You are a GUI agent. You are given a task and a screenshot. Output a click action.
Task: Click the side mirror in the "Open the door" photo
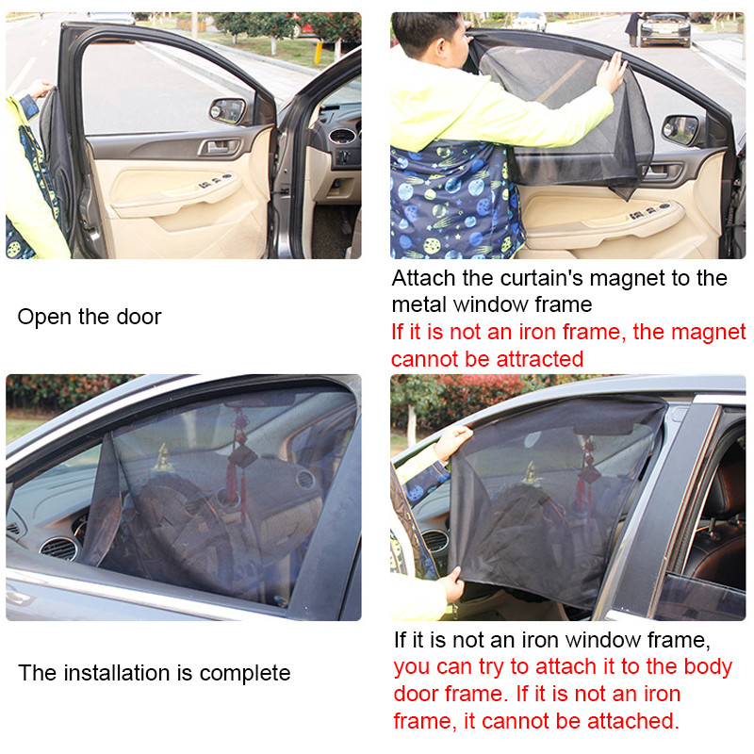coord(227,110)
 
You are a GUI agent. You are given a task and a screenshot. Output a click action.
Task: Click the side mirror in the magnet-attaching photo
coord(680,129)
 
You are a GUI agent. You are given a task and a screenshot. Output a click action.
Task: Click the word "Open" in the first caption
coord(44,317)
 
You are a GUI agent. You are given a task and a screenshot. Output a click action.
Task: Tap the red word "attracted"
coord(536,359)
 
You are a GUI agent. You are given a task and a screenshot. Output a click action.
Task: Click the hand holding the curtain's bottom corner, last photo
coord(451,585)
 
